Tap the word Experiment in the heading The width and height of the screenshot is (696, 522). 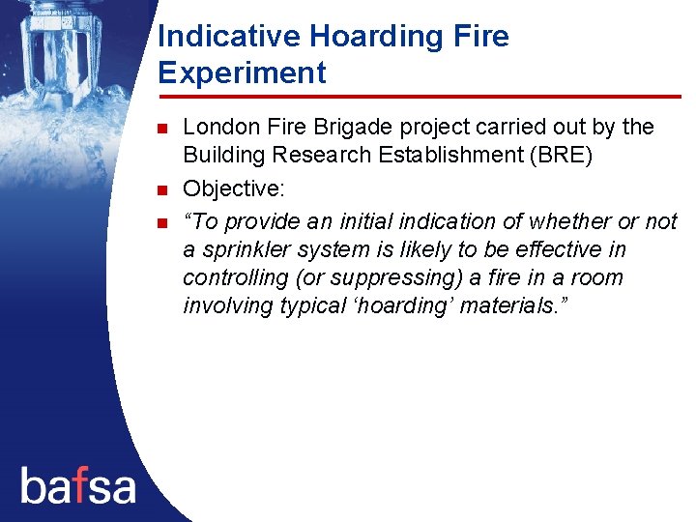[242, 73]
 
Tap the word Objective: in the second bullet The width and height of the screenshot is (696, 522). [231, 187]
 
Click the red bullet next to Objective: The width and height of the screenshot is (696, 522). [162, 188]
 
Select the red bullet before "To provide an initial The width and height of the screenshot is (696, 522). [162, 222]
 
